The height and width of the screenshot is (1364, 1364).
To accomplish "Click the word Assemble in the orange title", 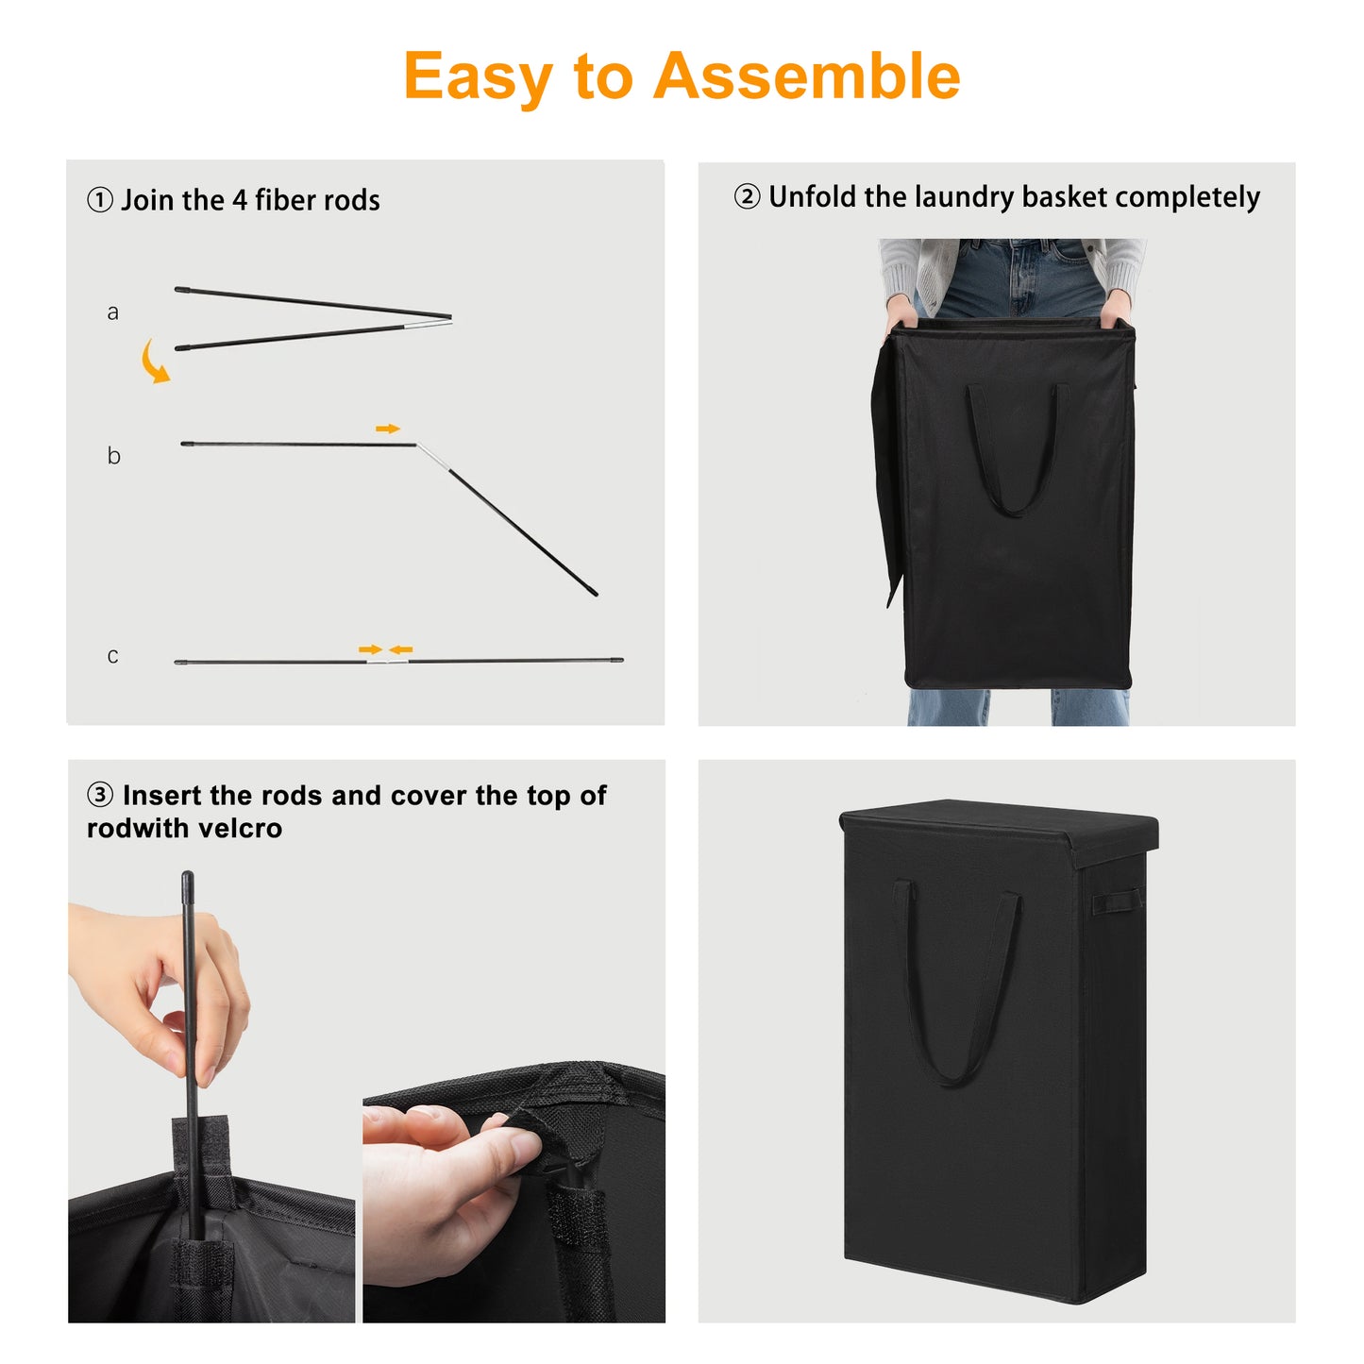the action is [806, 76].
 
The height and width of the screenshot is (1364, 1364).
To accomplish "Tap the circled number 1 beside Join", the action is [100, 199].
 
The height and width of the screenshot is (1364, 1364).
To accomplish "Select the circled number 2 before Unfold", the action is [747, 196].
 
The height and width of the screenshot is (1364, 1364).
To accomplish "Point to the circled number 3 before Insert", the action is [100, 794].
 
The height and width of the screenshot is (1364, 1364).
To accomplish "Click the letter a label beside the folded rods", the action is [112, 312].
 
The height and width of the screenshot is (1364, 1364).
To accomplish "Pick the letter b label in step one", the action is [113, 454].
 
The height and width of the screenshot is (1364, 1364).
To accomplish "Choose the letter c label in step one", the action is [112, 655].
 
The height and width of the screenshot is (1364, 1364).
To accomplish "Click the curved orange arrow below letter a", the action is [152, 362].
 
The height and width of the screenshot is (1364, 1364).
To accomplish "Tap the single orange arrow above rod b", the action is [387, 429].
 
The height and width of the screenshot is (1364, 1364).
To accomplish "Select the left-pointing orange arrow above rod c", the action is [401, 649].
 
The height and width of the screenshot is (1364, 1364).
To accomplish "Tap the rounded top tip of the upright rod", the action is [188, 876].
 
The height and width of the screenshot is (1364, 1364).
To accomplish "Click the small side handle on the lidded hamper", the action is [1117, 902].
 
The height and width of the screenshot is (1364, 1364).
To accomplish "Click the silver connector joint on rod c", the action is [387, 662].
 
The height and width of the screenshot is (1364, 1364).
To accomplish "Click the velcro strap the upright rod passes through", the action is [202, 1151].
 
